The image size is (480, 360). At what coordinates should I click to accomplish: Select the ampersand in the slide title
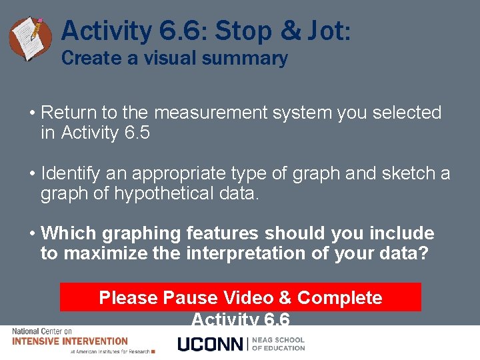point(289,31)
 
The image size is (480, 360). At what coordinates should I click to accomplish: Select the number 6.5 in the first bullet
point(137,133)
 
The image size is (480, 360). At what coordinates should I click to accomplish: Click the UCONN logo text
point(210,344)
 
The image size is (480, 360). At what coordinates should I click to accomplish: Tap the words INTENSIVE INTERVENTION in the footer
point(70,341)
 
